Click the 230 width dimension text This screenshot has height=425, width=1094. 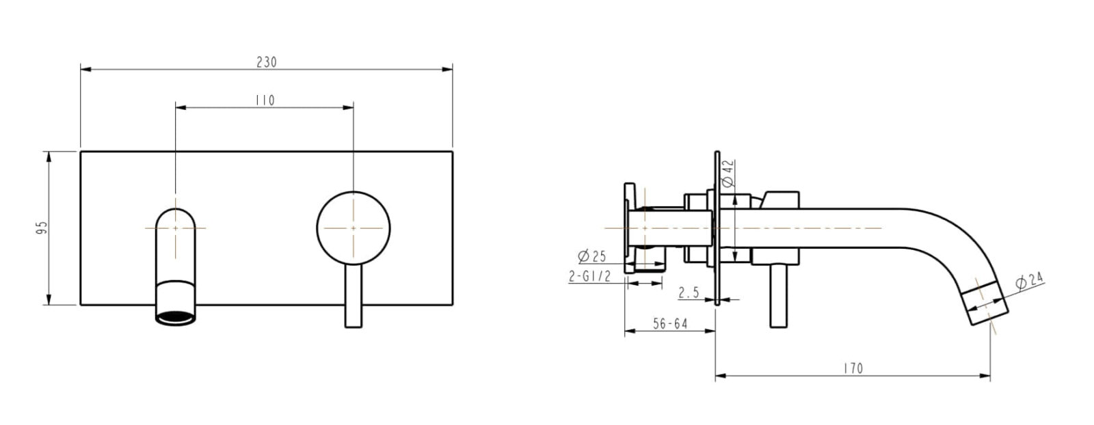266,62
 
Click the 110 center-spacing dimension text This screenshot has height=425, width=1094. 264,100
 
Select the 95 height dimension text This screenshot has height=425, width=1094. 40,228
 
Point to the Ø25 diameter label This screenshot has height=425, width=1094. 592,256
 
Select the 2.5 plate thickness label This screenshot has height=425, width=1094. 688,292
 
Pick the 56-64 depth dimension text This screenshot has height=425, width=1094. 669,324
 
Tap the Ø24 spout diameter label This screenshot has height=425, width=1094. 1029,281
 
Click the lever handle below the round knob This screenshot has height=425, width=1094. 353,297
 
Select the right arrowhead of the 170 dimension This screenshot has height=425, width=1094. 987,374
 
